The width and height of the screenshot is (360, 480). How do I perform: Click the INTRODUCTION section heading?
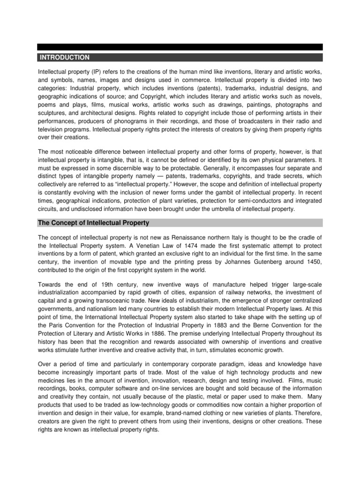64,57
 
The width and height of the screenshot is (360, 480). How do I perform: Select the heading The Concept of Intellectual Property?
94,222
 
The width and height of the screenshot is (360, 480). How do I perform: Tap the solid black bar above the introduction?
180,47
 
